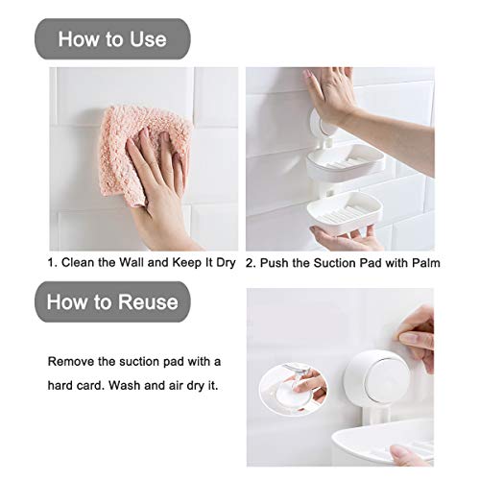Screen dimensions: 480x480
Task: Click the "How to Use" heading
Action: [112, 39]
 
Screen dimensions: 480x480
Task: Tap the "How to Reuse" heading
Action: [118, 301]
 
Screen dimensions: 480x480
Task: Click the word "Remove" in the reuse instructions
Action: [72, 361]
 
